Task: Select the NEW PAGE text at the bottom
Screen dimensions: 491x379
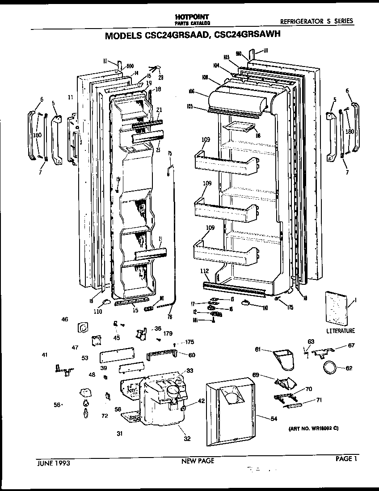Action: pos(197,461)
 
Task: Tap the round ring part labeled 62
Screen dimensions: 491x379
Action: pos(330,368)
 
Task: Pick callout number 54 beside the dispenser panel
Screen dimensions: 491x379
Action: pos(274,418)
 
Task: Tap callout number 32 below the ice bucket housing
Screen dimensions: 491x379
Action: pos(187,439)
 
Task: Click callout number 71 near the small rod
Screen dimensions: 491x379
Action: pos(319,400)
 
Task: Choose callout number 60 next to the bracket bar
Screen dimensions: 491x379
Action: pos(192,355)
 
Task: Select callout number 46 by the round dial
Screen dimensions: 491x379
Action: pos(65,320)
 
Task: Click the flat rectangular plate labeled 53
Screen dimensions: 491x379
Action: pos(117,355)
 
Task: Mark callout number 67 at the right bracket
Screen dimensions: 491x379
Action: pos(351,345)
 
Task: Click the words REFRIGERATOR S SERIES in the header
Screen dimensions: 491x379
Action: pos(316,21)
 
